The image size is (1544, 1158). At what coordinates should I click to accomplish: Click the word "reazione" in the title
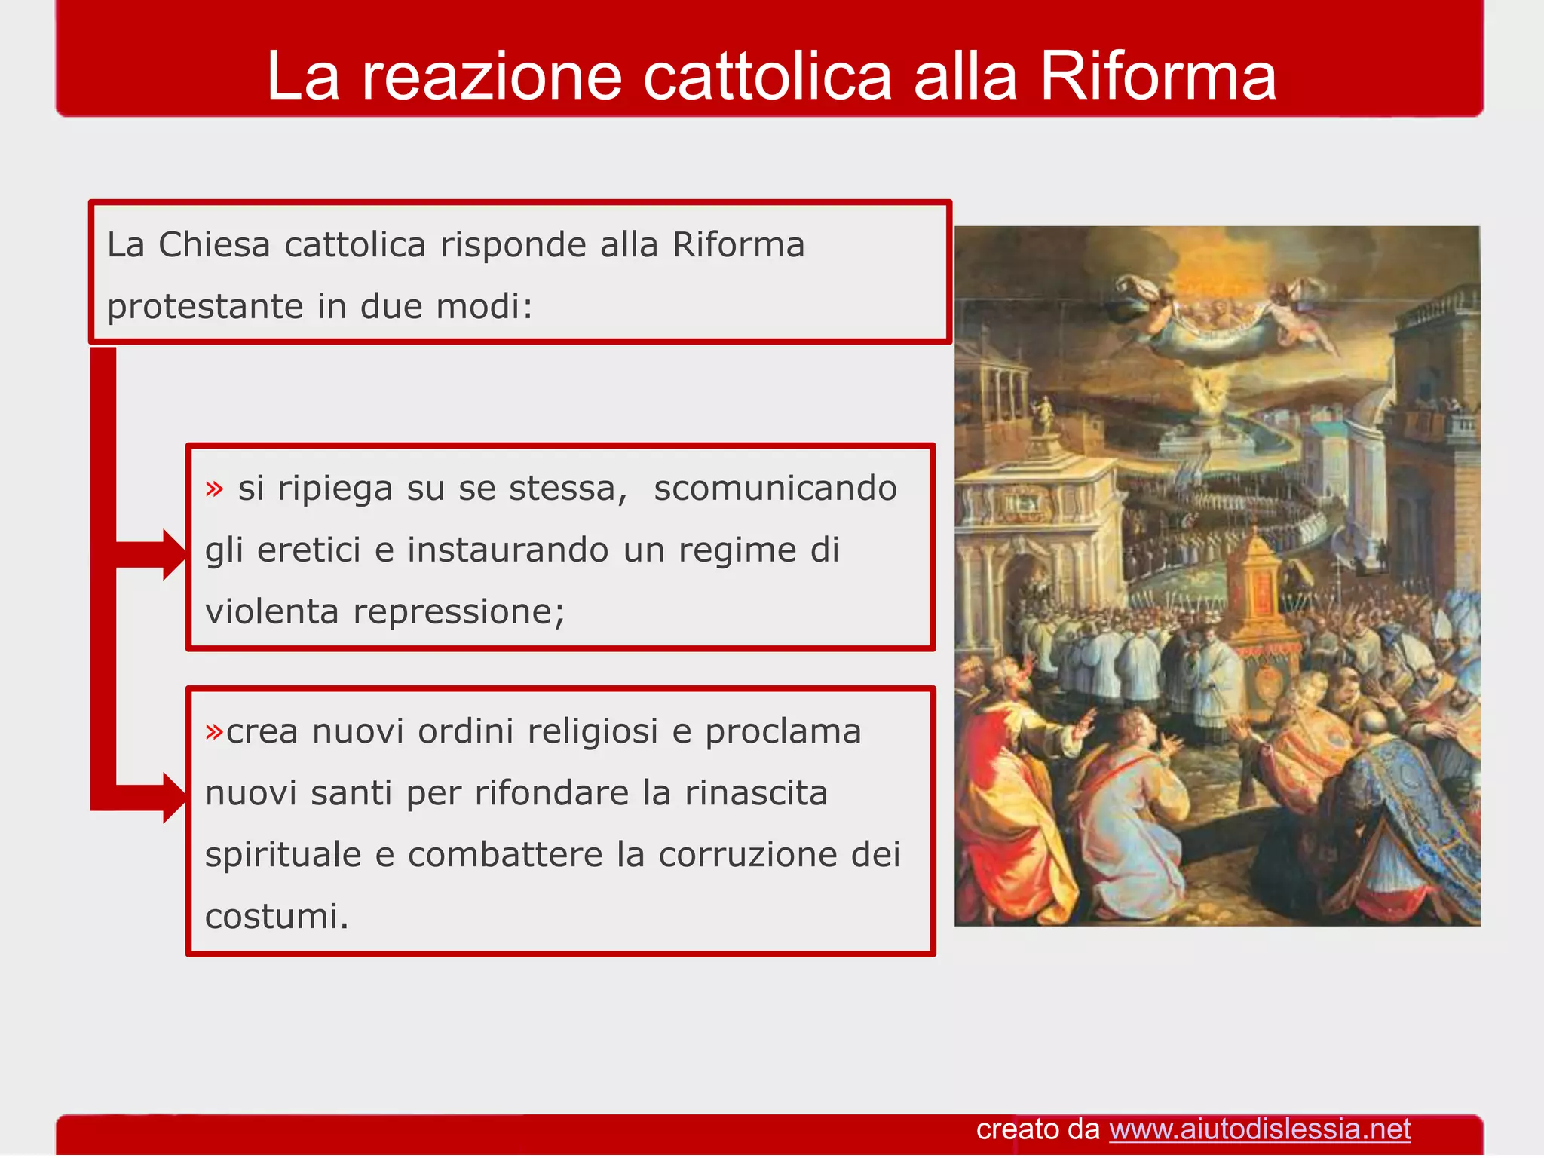(x=492, y=77)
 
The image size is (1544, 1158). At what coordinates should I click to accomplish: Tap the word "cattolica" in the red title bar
(x=767, y=77)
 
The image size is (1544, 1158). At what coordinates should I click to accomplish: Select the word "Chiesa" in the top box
(x=214, y=245)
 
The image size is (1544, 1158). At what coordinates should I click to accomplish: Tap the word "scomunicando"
(x=775, y=489)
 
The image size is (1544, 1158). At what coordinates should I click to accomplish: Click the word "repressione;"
(x=458, y=611)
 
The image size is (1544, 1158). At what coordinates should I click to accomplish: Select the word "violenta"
(x=271, y=611)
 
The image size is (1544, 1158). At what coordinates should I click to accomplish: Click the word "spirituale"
(x=283, y=855)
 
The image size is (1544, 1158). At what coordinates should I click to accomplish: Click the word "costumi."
(x=277, y=917)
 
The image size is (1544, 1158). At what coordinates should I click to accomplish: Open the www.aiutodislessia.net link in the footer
(x=1259, y=1129)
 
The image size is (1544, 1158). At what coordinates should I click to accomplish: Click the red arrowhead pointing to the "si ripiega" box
(x=173, y=554)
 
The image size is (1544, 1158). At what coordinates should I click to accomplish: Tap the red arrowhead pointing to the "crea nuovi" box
(x=173, y=797)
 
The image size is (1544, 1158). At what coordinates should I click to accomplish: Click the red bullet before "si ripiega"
(x=215, y=489)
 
